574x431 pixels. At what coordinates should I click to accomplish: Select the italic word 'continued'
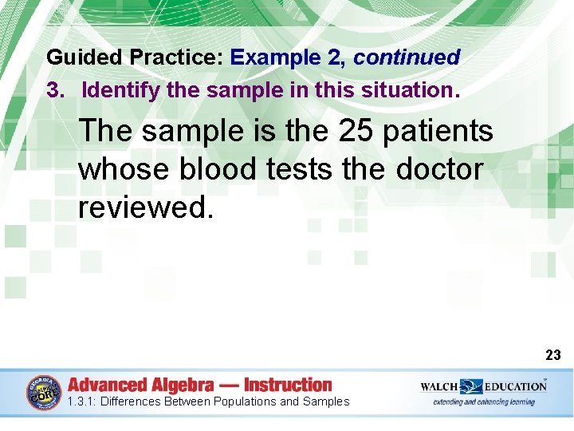pyautogui.click(x=407, y=58)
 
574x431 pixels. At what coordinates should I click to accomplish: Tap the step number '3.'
pyautogui.click(x=56, y=90)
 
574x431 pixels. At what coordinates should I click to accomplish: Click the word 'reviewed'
pyautogui.click(x=143, y=208)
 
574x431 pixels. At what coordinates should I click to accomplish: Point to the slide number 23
pyautogui.click(x=553, y=355)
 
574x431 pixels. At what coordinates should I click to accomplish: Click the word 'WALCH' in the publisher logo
pyautogui.click(x=438, y=386)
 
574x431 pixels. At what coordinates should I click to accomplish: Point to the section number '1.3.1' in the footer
pyautogui.click(x=82, y=401)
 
